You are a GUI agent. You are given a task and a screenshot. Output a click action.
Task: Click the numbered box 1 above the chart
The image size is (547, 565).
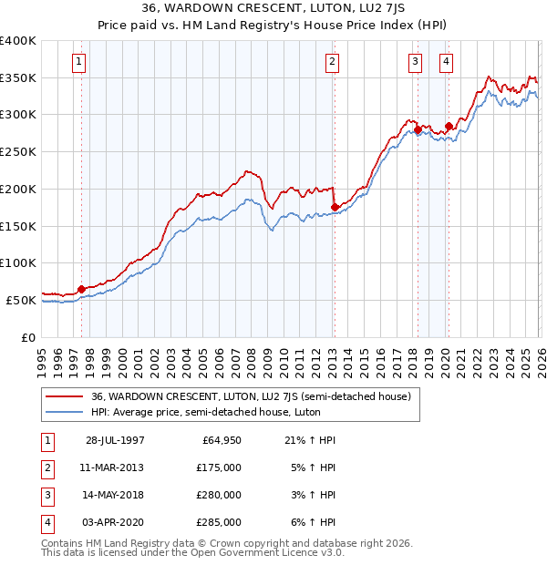point(79,62)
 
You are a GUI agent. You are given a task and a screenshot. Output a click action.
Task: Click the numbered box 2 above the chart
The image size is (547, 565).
point(332,62)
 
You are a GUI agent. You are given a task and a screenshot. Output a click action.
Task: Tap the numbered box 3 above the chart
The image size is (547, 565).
point(416,62)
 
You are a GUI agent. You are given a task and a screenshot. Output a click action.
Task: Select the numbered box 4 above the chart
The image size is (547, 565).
point(447,62)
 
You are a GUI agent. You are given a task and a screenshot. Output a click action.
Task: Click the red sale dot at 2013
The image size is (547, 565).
point(335,207)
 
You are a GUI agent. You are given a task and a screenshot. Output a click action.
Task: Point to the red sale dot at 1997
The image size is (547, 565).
point(81,289)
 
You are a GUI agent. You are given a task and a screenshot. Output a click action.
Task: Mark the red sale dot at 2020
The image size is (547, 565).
point(449,126)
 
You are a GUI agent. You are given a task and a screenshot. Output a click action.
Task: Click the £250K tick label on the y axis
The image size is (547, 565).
point(18,152)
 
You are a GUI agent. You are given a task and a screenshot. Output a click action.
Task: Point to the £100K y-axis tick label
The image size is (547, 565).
point(18,262)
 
